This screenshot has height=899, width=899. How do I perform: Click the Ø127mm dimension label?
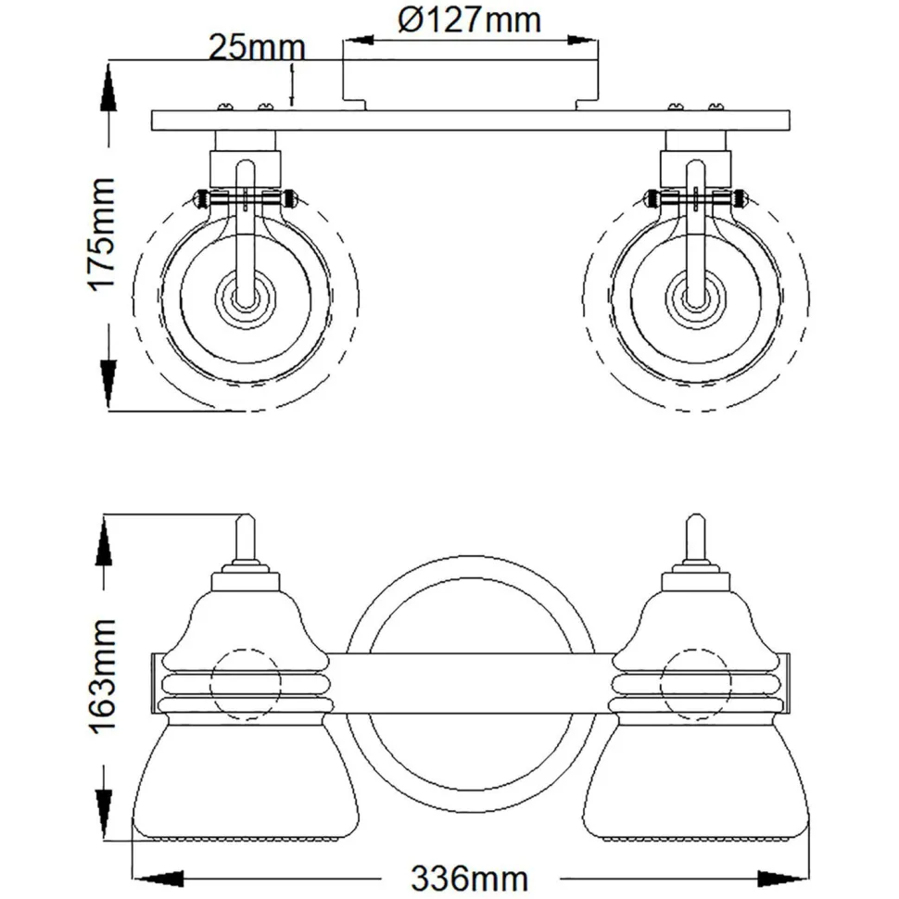click(470, 20)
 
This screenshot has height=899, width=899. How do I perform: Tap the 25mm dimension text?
click(257, 47)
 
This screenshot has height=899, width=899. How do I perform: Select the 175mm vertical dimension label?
click(104, 234)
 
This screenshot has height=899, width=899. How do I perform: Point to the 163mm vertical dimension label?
click(104, 676)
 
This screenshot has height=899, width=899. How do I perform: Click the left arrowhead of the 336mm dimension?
click(158, 877)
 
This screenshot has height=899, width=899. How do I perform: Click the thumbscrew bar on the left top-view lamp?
click(245, 197)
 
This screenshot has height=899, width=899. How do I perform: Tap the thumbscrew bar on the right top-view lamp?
click(696, 197)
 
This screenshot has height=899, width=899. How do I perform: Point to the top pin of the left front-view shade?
click(246, 538)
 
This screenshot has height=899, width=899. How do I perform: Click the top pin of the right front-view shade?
click(696, 538)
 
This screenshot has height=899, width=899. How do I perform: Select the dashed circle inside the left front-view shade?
click(246, 685)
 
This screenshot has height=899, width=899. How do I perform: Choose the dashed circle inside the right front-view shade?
click(696, 685)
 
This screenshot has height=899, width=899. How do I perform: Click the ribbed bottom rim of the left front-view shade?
click(246, 835)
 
